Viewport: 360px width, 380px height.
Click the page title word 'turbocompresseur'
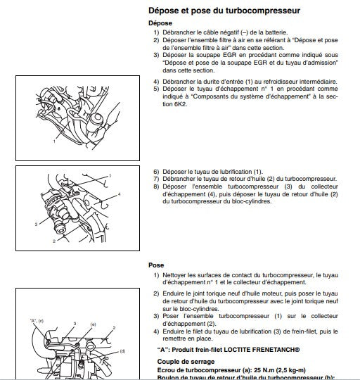pyautogui.click(x=261, y=11)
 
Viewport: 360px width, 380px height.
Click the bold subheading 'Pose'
pyautogui.click(x=157, y=265)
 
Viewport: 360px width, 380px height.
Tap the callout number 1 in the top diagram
pyautogui.click(x=53, y=141)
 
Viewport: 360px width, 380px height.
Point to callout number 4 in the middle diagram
pyautogui.click(x=119, y=194)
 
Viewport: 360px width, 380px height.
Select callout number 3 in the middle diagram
pyautogui.click(x=35, y=223)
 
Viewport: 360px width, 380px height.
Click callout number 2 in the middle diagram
pyautogui.click(x=53, y=241)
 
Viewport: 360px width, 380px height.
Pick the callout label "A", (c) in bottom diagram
pyautogui.click(x=37, y=321)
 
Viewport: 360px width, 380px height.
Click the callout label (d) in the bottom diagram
pyautogui.click(x=122, y=350)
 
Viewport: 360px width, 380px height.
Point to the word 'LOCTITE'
pyautogui.click(x=251, y=348)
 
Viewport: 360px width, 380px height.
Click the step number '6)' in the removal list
pyautogui.click(x=156, y=171)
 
